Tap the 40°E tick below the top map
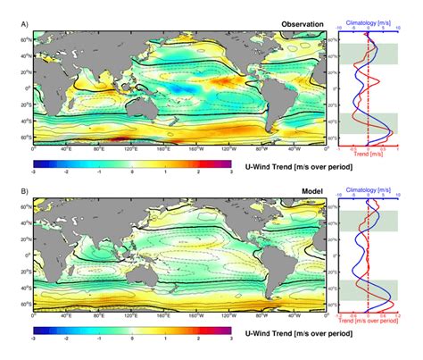coord(66,149)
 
